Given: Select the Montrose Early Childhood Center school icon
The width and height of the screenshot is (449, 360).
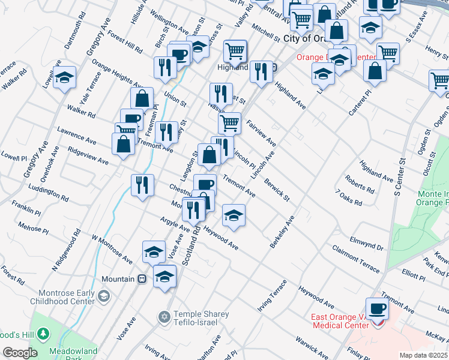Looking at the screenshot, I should coord(104,296).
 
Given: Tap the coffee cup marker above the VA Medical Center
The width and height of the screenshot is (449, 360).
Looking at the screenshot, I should coord(376,309).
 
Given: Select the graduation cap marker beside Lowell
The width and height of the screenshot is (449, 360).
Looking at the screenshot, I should coord(64,78).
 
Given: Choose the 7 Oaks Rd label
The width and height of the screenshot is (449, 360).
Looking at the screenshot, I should coord(349,198).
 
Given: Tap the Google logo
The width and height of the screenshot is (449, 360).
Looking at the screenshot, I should coord(20,353).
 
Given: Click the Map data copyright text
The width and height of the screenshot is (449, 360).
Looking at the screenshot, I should coord(424,355).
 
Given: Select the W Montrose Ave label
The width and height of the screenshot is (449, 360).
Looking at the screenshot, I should coord(111,249).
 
